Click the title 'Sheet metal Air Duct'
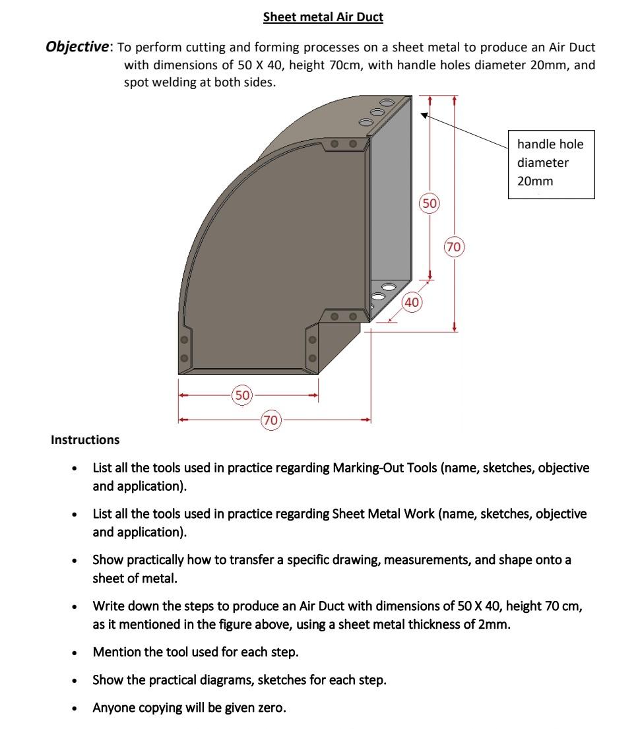coord(323,17)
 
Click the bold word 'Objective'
coord(77,47)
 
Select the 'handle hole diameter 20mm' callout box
coord(552,163)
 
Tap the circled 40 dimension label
coord(412,302)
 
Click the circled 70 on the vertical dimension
coord(453,247)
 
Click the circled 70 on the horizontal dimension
coord(271,420)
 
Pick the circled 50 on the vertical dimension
coord(430,203)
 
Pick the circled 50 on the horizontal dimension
coord(243,395)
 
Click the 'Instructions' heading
coord(85,440)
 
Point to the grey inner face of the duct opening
coord(391,198)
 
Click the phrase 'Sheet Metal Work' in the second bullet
coord(383,514)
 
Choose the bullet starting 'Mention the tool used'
coord(195,652)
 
